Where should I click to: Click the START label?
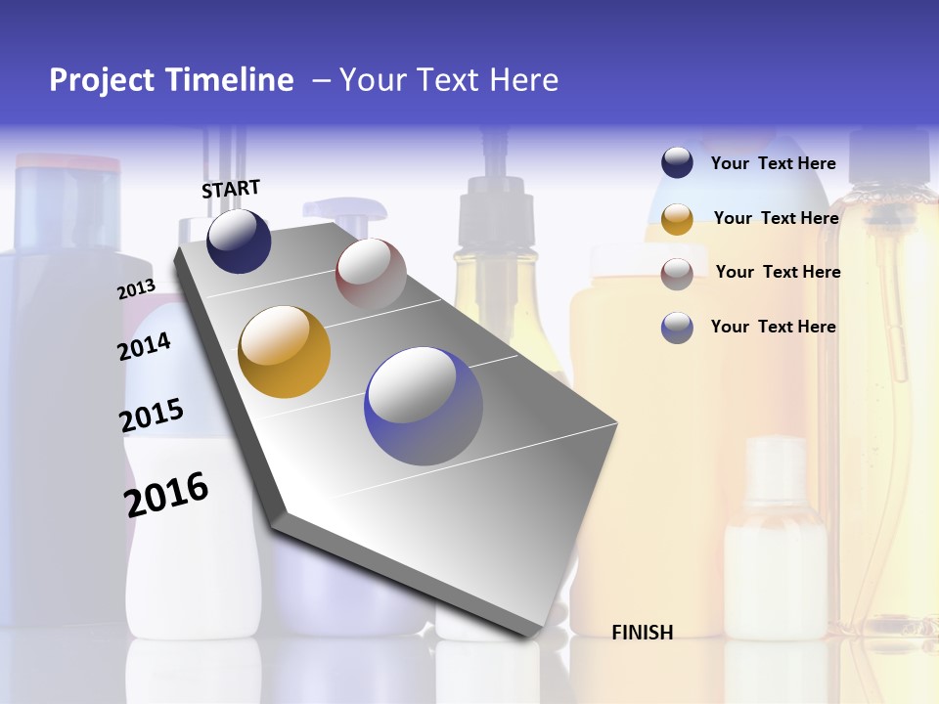click(231, 189)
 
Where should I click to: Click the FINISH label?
click(642, 633)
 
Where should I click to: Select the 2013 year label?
click(136, 289)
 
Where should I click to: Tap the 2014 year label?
click(144, 346)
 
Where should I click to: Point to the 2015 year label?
click(152, 416)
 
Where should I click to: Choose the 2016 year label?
click(166, 494)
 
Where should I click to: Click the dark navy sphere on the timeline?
click(239, 242)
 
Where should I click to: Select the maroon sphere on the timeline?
click(371, 273)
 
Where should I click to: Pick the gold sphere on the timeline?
click(285, 352)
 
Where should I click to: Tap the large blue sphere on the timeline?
click(424, 406)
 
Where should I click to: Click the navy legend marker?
click(677, 163)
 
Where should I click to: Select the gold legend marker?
click(677, 219)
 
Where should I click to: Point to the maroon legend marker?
click(677, 273)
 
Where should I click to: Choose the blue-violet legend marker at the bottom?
click(677, 328)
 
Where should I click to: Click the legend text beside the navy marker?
click(773, 163)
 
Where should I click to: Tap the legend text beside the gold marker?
click(776, 218)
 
